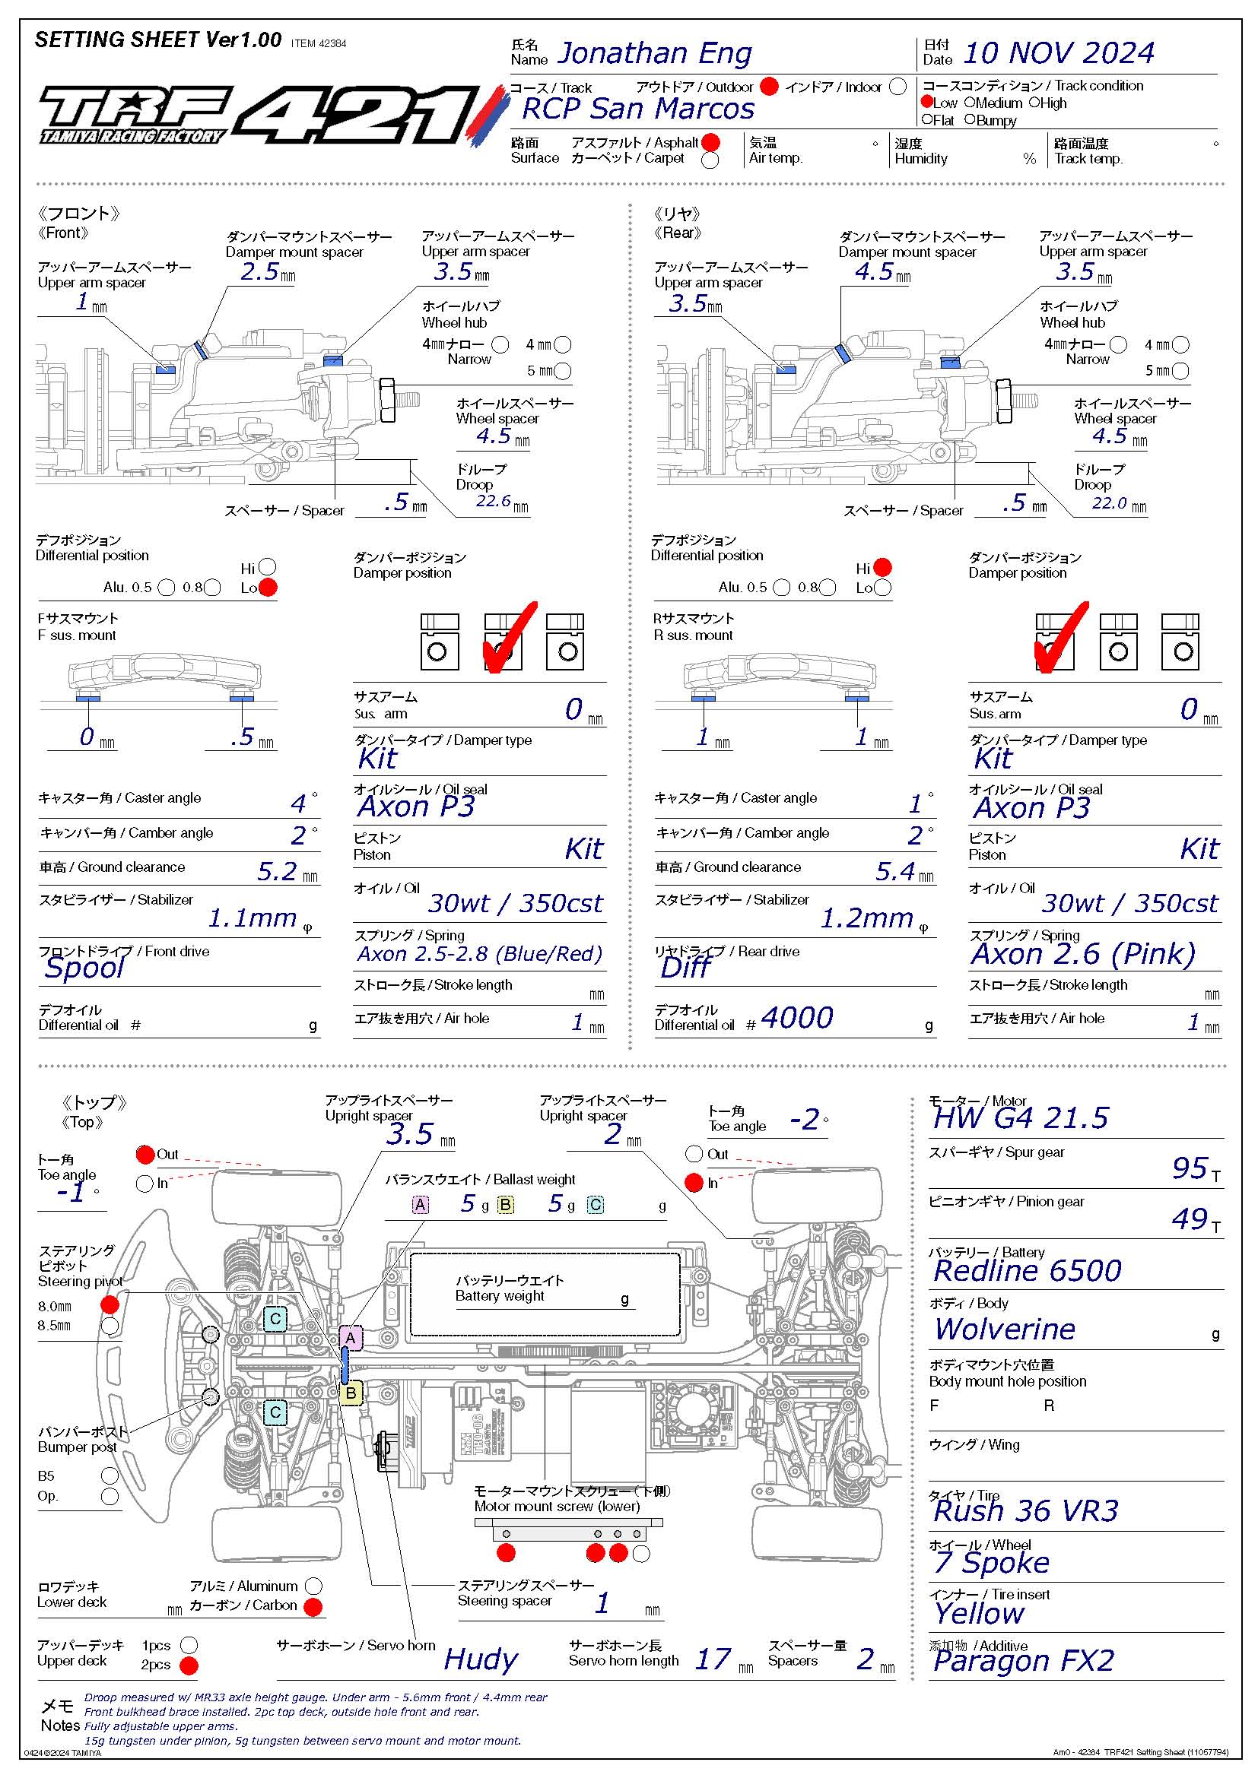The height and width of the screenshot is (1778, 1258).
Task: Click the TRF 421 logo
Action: [263, 116]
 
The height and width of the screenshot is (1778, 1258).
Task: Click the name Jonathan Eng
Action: [654, 53]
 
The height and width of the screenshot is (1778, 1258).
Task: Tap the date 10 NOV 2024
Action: [1057, 53]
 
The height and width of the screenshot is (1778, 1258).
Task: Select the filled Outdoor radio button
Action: [768, 87]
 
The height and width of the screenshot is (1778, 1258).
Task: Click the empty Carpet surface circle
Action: [710, 160]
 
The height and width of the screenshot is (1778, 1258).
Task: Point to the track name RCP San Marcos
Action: [637, 109]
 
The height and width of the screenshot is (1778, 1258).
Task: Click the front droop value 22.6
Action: [493, 501]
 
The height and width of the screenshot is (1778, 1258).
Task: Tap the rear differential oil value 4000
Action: [796, 1018]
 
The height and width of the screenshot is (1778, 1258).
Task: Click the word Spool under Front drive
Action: [84, 967]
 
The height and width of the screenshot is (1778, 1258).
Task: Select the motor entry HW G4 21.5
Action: [1020, 1117]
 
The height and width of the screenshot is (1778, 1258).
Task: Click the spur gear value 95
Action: [1189, 1168]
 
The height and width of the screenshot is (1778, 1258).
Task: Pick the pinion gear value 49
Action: [1189, 1219]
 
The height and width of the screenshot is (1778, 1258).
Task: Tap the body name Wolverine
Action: [1005, 1329]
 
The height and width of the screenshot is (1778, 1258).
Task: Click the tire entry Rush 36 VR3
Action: [1025, 1511]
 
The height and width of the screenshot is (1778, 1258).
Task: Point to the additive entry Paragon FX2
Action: [1023, 1660]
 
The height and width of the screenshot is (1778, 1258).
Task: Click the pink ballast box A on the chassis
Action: [350, 1337]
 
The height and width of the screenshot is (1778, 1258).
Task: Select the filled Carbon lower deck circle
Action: [313, 1607]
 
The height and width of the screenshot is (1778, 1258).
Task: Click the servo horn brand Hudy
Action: [481, 1659]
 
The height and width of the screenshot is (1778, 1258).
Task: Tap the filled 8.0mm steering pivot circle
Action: [110, 1305]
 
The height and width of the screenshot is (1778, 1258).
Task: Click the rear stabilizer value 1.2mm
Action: [866, 918]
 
